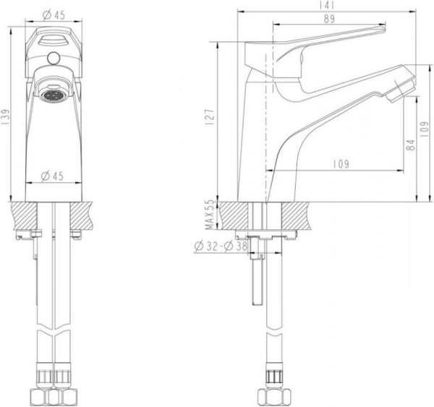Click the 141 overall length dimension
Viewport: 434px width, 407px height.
[329, 5]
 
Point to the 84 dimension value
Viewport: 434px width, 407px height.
[411, 145]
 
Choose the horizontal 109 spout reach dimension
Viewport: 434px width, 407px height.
[340, 164]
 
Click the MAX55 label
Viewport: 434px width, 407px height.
[210, 215]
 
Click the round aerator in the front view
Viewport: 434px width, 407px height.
[55, 95]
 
